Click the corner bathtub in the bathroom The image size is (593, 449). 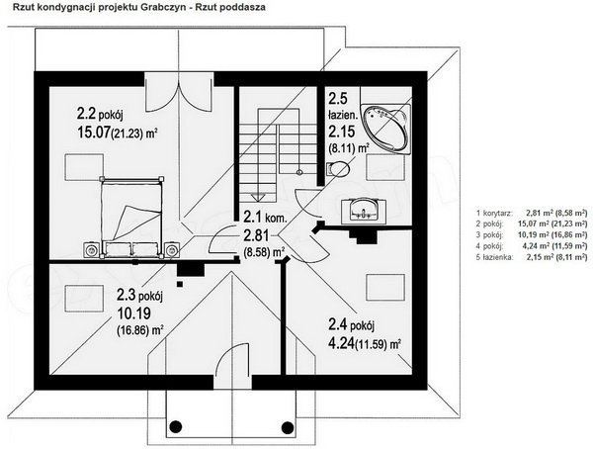(x=385, y=129)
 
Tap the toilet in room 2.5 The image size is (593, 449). (x=338, y=168)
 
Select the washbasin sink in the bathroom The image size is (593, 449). (x=364, y=211)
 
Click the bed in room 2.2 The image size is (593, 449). (x=131, y=218)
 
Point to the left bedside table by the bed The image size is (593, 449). (x=92, y=250)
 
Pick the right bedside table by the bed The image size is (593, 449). (x=172, y=250)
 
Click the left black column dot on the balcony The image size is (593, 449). (x=175, y=426)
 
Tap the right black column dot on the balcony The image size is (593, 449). (x=288, y=426)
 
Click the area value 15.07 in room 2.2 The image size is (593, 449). (x=94, y=133)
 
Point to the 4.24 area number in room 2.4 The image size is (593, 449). (x=341, y=344)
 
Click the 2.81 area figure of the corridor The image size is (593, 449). (x=256, y=235)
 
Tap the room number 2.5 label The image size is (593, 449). (x=337, y=99)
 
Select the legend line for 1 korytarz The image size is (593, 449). (x=532, y=214)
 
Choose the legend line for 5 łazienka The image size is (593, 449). (x=532, y=257)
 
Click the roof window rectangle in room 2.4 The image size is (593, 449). (x=385, y=288)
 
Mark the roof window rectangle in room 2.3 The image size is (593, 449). (x=85, y=299)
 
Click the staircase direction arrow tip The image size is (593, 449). (x=258, y=200)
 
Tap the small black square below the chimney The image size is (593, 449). (x=180, y=284)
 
